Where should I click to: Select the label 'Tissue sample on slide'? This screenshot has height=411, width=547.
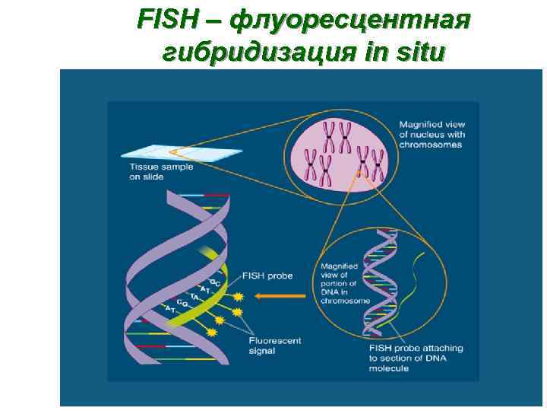pyautogui.click(x=160, y=172)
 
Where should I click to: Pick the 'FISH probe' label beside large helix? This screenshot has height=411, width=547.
pyautogui.click(x=267, y=275)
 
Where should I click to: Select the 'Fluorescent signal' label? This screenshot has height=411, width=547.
pyautogui.click(x=274, y=346)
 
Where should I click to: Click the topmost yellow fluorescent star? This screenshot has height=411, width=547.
pyautogui.click(x=239, y=296)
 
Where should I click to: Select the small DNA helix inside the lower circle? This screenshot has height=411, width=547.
pyautogui.click(x=379, y=282)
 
